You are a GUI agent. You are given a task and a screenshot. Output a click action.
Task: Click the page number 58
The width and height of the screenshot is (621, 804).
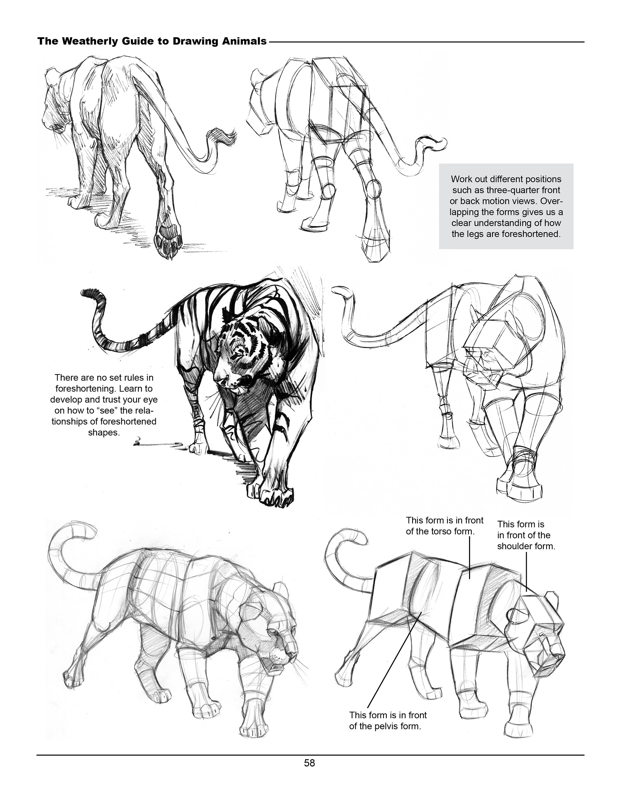coord(309,763)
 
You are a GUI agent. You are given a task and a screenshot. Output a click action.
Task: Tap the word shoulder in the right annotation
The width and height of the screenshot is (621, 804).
coord(514,546)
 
